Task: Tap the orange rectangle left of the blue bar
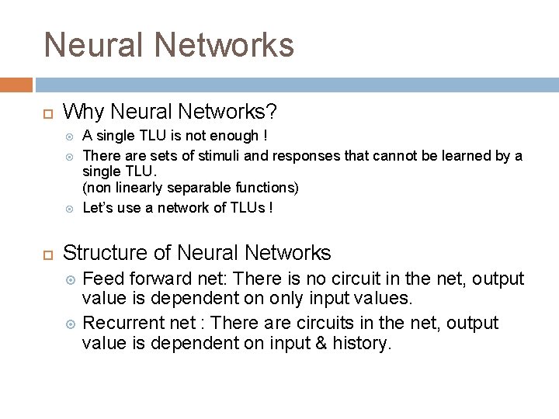16,85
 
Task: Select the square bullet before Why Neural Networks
47,113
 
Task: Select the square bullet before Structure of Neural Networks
47,254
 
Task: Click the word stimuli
224,156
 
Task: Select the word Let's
98,207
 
